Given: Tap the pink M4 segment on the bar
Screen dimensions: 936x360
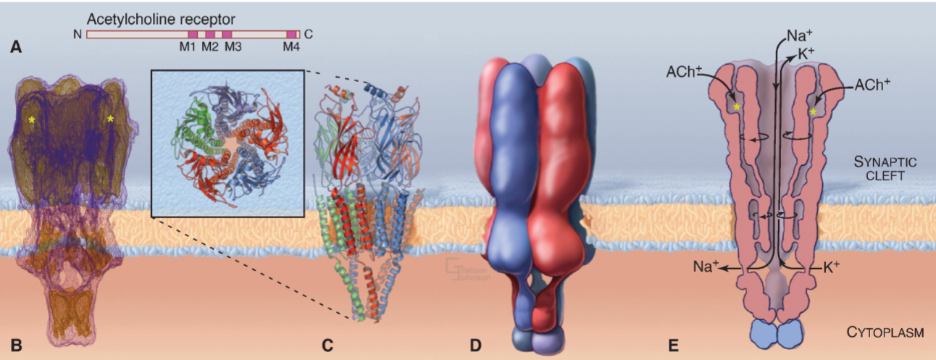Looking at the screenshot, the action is [292, 34].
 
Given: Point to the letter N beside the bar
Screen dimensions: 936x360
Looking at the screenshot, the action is [78, 34].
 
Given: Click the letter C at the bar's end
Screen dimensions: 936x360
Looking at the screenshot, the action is [309, 34].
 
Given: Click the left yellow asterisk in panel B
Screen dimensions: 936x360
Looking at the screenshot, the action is [32, 119].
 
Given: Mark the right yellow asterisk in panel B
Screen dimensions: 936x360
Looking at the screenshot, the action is [110, 119].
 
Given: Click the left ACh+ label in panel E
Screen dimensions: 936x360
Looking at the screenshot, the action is [684, 73].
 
